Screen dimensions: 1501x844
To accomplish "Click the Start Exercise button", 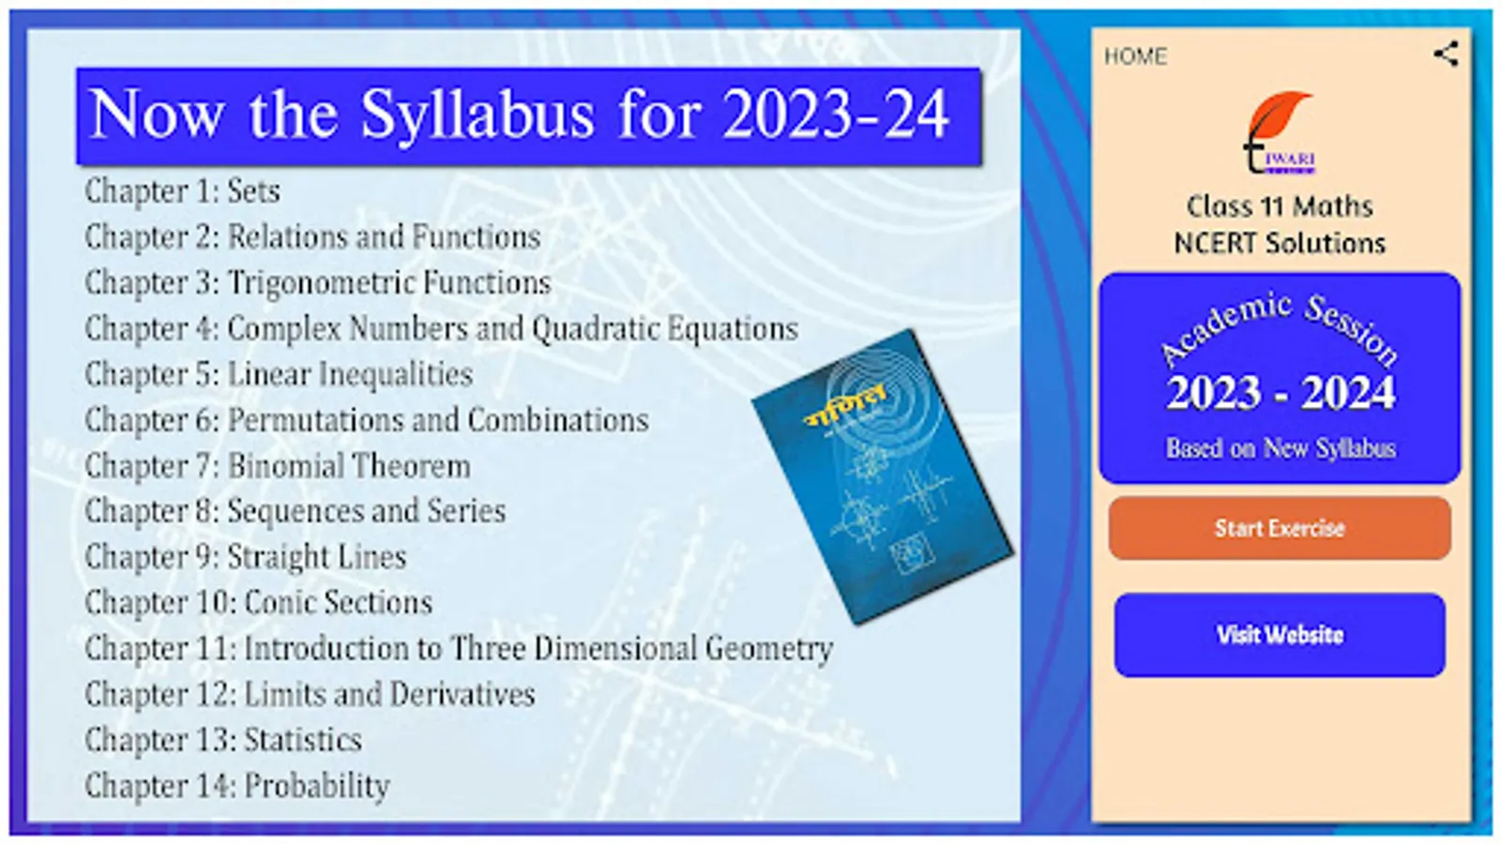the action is [1280, 529].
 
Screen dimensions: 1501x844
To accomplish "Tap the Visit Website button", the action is [1280, 635].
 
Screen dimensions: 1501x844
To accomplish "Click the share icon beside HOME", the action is [1446, 54].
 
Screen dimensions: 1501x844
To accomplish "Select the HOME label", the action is [1135, 56].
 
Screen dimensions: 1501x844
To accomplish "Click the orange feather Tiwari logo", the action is [1279, 132].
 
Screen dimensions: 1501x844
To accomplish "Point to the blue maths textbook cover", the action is [883, 477].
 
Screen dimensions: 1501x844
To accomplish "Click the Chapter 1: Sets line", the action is [182, 191].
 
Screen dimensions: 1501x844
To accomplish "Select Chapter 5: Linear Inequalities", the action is [279, 374].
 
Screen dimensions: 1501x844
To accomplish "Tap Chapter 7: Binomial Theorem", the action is [278, 465].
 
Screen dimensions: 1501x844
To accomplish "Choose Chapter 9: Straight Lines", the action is [245, 557].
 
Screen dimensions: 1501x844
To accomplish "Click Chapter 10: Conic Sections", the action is [259, 602].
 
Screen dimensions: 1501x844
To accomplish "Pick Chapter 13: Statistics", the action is [223, 740].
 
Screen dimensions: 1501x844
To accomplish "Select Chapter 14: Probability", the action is [237, 786].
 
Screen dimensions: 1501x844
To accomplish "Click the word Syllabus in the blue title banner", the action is [478, 115].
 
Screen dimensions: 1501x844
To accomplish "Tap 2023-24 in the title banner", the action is [836, 113].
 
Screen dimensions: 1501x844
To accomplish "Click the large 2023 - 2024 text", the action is [1281, 393].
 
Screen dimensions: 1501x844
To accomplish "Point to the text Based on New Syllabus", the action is [1281, 448].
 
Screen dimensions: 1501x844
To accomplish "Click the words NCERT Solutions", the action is [1280, 243].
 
